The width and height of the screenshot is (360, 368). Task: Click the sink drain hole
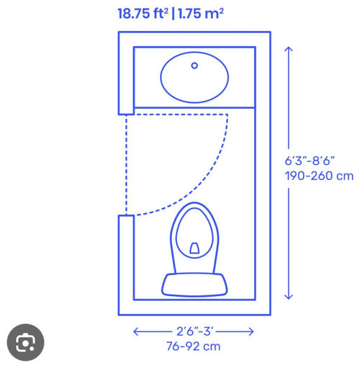194,66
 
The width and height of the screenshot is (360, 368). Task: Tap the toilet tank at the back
194,284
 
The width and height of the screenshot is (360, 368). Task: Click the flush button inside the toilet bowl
194,248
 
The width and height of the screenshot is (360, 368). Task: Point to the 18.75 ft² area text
143,14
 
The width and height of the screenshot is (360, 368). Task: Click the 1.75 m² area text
201,14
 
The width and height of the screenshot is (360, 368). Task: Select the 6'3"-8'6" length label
310,161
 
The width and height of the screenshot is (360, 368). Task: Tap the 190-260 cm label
319,176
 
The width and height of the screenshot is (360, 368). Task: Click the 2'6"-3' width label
194,331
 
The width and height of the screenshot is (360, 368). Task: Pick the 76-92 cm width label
193,346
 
